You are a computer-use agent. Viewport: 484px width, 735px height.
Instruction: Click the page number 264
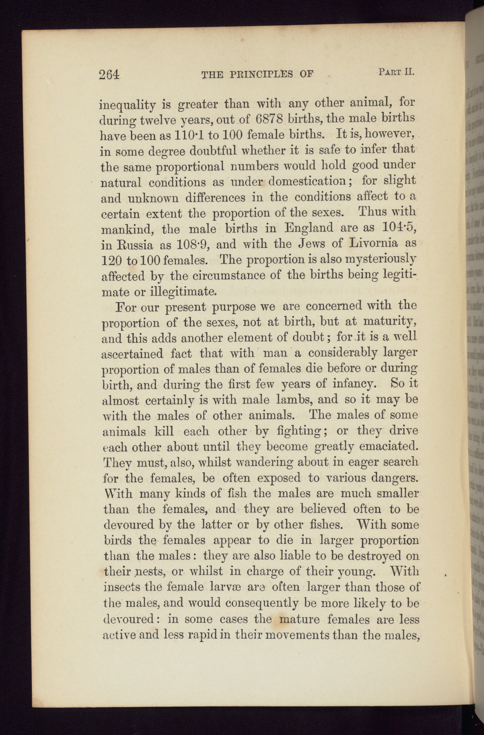[109, 74]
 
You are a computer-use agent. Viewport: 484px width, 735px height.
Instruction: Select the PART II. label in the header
[396, 72]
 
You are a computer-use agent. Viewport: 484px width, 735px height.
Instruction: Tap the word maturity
[390, 322]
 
